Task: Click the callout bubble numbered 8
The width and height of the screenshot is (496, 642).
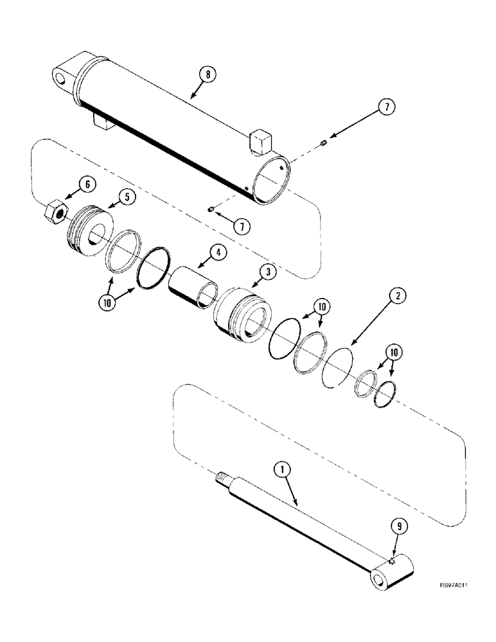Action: point(207,75)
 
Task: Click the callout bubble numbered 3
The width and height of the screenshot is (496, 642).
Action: point(267,272)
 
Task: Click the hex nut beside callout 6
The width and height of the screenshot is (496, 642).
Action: point(53,211)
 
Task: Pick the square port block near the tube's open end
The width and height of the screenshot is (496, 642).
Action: point(260,141)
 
